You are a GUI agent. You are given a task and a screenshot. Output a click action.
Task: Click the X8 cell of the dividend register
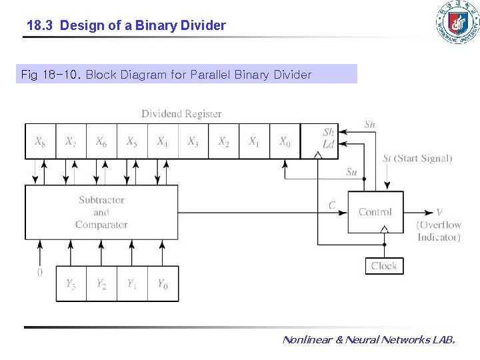pyautogui.click(x=40, y=141)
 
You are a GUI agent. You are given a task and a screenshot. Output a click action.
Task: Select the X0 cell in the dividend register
pyautogui.click(x=285, y=141)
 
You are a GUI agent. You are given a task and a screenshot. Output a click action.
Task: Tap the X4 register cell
pyautogui.click(x=162, y=141)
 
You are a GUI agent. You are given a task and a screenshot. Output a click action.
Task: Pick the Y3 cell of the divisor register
pyautogui.click(x=71, y=284)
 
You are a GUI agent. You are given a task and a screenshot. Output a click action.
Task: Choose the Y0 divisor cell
pyautogui.click(x=163, y=284)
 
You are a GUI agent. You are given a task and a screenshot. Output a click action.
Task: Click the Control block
pyautogui.click(x=375, y=212)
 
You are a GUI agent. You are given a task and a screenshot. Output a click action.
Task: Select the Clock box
pyautogui.click(x=384, y=266)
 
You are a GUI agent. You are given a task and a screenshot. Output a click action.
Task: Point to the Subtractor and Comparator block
pyautogui.click(x=101, y=212)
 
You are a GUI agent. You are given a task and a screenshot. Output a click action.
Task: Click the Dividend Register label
pyautogui.click(x=181, y=114)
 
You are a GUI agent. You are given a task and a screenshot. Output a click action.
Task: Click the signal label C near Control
pyautogui.click(x=332, y=205)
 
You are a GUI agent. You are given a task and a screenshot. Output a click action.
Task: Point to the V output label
pyautogui.click(x=439, y=212)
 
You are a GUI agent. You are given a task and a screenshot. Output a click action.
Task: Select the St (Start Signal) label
pyautogui.click(x=417, y=158)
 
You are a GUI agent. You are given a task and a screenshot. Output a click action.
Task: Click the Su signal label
pyautogui.click(x=351, y=172)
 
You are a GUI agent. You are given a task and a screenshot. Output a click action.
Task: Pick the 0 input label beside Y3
pyautogui.click(x=40, y=273)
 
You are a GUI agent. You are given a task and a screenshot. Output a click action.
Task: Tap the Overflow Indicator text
pyautogui.click(x=439, y=231)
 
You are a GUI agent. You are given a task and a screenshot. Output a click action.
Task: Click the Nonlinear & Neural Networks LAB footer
pyautogui.click(x=369, y=340)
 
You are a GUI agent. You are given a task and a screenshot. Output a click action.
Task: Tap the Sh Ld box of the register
pyautogui.click(x=328, y=139)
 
